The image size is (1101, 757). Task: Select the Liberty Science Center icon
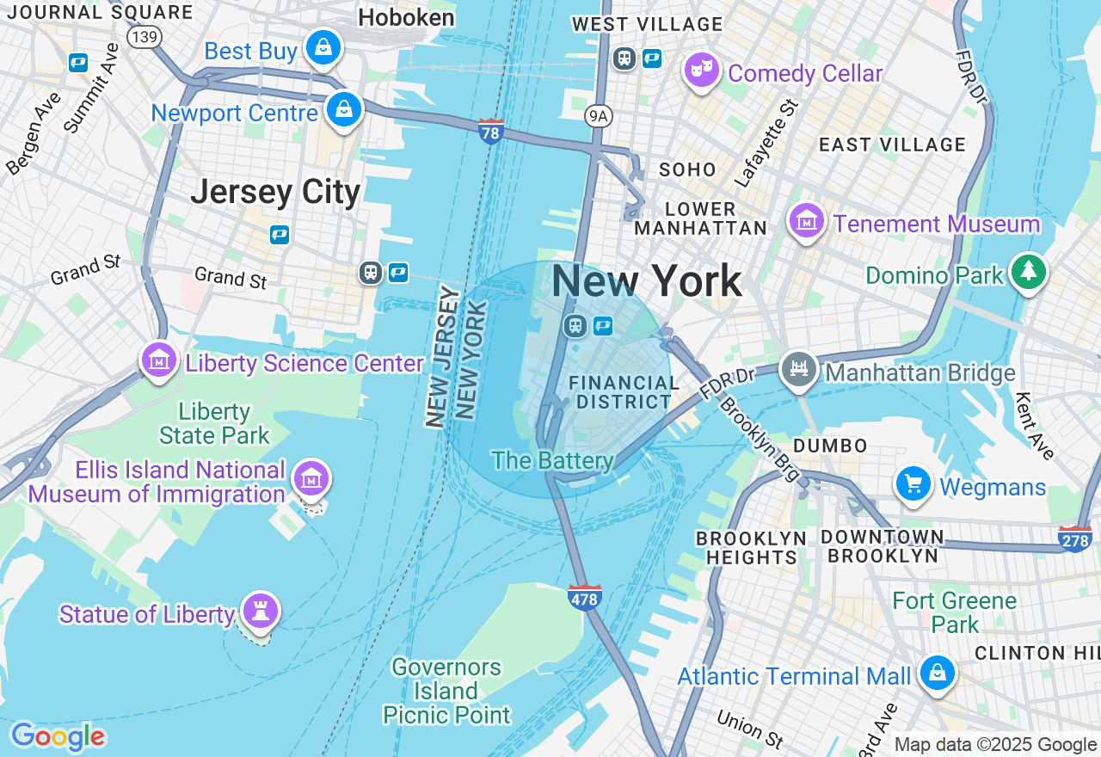(159, 360)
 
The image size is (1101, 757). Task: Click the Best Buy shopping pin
(323, 48)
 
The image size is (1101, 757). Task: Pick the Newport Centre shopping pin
(343, 110)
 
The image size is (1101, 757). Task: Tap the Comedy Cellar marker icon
(702, 71)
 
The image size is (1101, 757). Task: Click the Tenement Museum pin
(807, 222)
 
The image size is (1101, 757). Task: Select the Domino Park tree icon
(1028, 272)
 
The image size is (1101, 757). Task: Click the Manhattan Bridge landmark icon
(799, 370)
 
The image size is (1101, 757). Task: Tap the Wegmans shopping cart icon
(913, 484)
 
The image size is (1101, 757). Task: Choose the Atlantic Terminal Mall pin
(937, 673)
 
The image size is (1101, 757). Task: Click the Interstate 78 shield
(491, 132)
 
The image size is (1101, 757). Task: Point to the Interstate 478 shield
(585, 598)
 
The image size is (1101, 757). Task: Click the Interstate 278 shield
(1075, 539)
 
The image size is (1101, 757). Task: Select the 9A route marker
(596, 115)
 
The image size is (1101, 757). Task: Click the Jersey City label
(275, 191)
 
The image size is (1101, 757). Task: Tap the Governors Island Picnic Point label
(446, 691)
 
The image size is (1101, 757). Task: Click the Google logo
(58, 736)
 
